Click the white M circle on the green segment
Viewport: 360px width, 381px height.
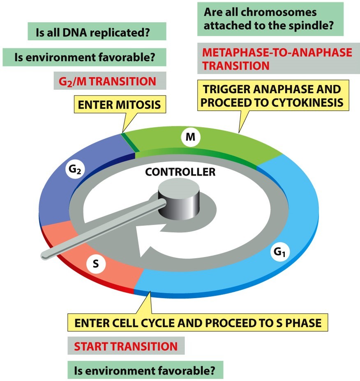click(x=190, y=137)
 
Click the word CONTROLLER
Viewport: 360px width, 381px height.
click(x=180, y=172)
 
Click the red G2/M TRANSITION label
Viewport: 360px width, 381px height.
click(x=105, y=81)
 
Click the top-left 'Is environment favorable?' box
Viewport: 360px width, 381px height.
click(x=84, y=57)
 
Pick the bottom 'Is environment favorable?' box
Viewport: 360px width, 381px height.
click(x=145, y=370)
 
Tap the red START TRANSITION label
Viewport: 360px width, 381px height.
click(x=126, y=346)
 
